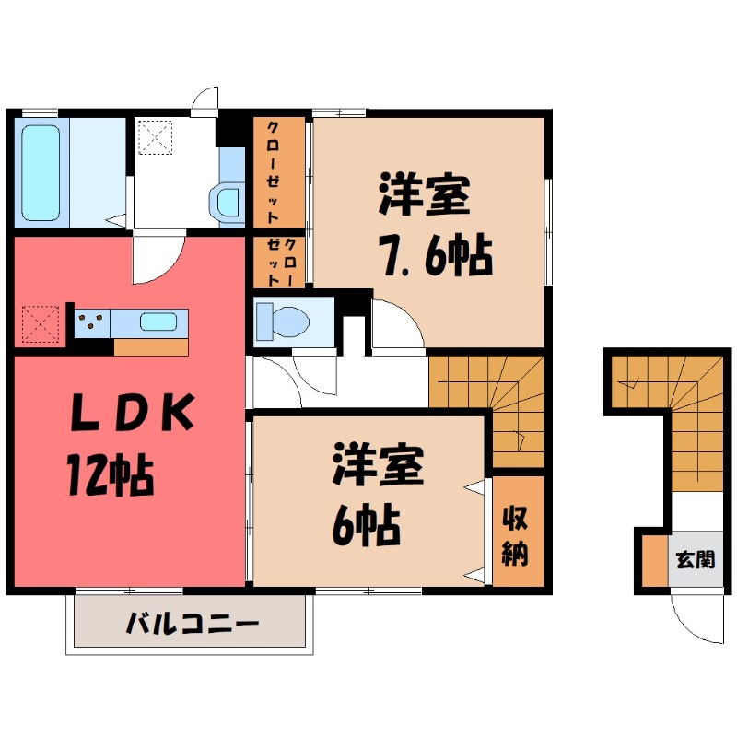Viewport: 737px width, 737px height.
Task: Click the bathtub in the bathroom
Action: [41, 170]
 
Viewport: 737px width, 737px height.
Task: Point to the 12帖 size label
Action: [108, 476]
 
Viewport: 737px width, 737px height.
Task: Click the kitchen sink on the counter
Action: [158, 322]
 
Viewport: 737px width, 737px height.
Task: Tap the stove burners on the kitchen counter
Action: [91, 322]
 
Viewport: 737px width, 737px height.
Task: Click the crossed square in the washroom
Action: [155, 138]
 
